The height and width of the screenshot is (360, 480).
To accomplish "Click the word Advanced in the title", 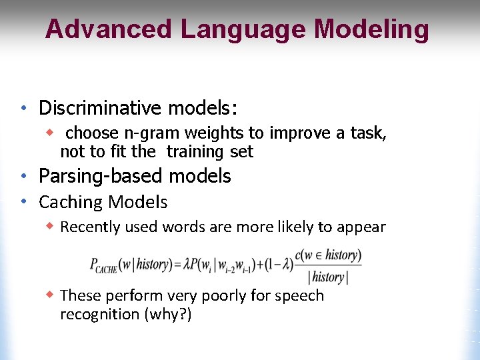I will click(108, 29).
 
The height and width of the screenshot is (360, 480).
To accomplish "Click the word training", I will click(195, 152).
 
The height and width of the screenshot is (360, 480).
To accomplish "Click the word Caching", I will click(71, 202).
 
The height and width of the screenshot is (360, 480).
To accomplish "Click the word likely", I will click(291, 227).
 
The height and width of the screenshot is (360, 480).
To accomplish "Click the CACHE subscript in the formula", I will click(106, 269).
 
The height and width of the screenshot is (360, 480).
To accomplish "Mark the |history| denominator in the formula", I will click(328, 277).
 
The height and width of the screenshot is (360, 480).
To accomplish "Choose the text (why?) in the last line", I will click(167, 314).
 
